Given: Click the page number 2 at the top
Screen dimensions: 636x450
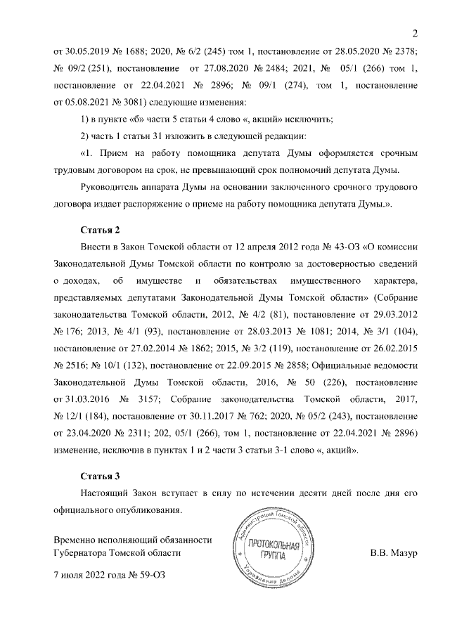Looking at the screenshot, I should (415, 33).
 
